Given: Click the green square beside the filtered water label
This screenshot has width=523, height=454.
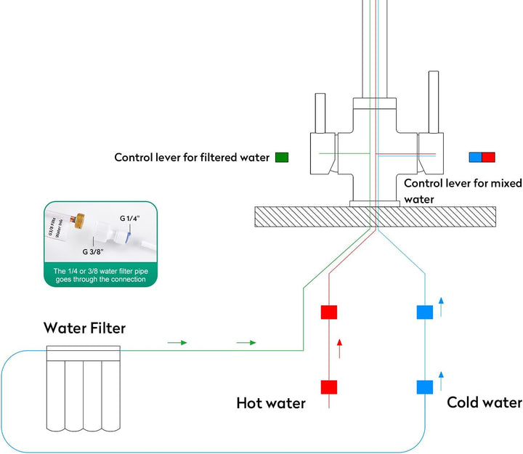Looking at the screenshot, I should point(282,157).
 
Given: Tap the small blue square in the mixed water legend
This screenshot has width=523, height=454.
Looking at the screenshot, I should point(475,157).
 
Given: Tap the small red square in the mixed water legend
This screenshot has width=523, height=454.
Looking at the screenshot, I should point(488,157).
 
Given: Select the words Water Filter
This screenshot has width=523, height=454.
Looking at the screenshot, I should point(84,328).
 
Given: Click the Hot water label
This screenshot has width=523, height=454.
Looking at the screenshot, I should point(271,402).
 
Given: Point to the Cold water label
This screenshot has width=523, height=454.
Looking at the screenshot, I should point(484,402).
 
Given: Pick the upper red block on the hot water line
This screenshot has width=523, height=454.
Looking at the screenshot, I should point(330,312).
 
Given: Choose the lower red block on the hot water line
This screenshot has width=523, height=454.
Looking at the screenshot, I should point(330,386).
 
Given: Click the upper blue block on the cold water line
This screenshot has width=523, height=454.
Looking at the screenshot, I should point(424,312).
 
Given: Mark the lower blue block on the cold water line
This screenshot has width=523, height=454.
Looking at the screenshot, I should point(424,386).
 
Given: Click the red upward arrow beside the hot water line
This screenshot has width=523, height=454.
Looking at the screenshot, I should point(339,349).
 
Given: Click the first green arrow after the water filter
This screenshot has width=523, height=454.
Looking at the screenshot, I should point(178,342).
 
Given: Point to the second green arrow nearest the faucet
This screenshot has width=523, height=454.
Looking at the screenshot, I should point(247,342).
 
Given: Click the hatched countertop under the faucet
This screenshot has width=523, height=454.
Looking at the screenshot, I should point(305,216).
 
